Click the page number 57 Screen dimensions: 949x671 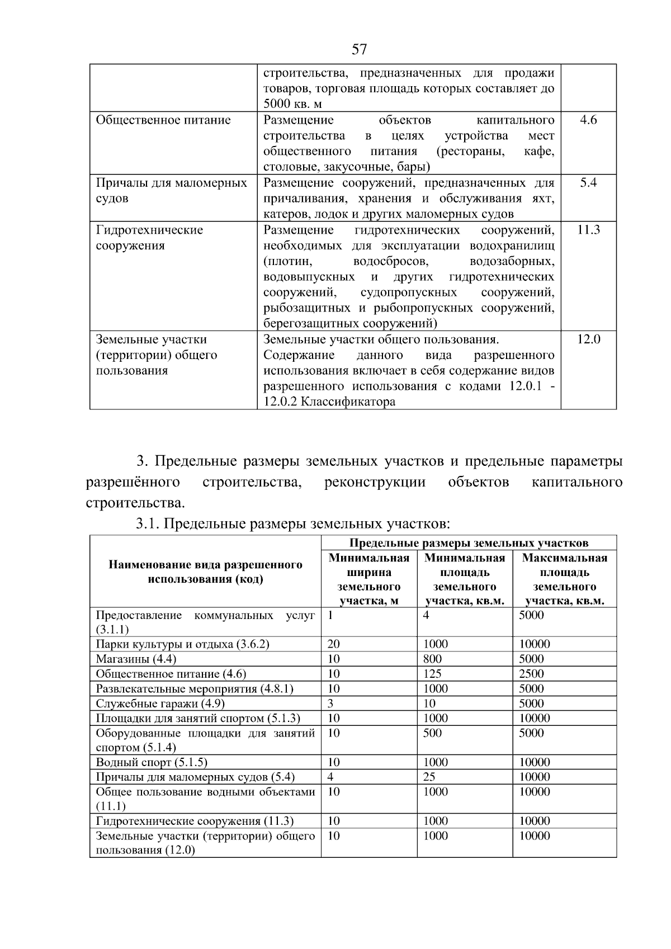(x=360, y=50)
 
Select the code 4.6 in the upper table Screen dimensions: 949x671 (x=588, y=120)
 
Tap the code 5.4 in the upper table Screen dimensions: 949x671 (x=588, y=183)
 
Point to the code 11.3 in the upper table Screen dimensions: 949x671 (x=588, y=230)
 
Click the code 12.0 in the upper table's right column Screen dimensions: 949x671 (x=588, y=339)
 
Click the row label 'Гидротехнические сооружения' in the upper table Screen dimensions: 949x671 (x=149, y=238)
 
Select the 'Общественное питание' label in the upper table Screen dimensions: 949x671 (x=163, y=120)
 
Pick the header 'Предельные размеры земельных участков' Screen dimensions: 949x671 (x=469, y=542)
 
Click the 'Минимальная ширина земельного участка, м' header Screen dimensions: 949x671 (x=369, y=579)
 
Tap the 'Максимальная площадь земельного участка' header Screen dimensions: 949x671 (x=564, y=579)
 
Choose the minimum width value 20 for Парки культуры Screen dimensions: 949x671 (x=334, y=644)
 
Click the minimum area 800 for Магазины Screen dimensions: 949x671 (x=432, y=659)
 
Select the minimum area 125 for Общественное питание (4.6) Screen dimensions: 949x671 (x=432, y=674)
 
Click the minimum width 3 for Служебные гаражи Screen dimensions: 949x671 (x=330, y=704)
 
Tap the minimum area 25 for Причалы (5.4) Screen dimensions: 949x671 (x=429, y=777)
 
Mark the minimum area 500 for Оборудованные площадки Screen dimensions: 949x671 (x=432, y=733)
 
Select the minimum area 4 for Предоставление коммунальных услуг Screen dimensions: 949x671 (x=426, y=615)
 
